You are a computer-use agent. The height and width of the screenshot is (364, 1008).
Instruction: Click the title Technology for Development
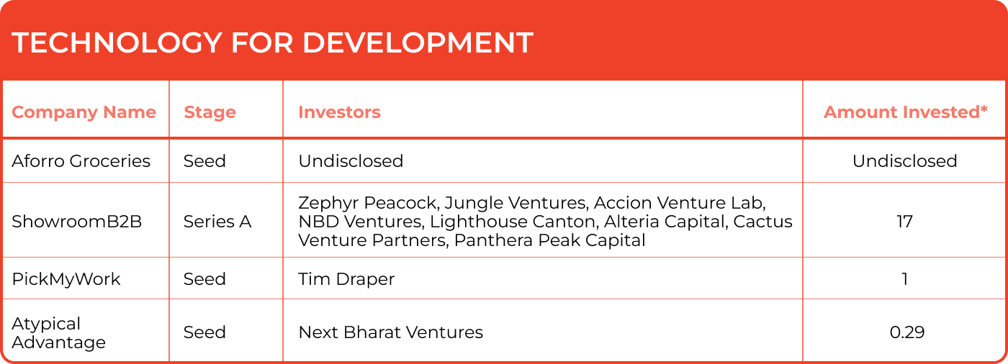pyautogui.click(x=272, y=43)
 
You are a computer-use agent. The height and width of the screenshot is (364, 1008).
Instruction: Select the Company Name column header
pyautogui.click(x=84, y=112)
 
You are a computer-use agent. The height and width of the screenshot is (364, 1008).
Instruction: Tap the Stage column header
pyautogui.click(x=210, y=112)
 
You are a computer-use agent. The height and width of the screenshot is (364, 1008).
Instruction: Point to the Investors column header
pyautogui.click(x=339, y=112)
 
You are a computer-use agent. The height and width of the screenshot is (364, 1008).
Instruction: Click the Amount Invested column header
pyautogui.click(x=906, y=112)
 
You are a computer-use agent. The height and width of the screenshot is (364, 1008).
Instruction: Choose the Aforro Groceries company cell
pyautogui.click(x=81, y=161)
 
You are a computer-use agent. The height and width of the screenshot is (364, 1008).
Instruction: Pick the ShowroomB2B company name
pyautogui.click(x=77, y=222)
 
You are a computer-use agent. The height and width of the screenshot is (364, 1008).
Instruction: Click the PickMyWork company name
pyautogui.click(x=66, y=279)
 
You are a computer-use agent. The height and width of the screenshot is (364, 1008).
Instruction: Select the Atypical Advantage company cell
pyautogui.click(x=58, y=333)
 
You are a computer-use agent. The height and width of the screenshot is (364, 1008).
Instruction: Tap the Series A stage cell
pyautogui.click(x=217, y=222)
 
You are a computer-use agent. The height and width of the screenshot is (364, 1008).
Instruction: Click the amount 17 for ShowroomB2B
pyautogui.click(x=904, y=222)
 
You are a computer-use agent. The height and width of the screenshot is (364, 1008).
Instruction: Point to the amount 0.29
pyautogui.click(x=907, y=332)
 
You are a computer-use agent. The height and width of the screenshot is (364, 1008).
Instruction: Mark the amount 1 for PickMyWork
pyautogui.click(x=905, y=279)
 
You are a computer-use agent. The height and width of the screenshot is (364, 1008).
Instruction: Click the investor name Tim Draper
pyautogui.click(x=346, y=279)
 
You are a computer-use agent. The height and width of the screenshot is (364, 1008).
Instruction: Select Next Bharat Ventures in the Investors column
pyautogui.click(x=390, y=332)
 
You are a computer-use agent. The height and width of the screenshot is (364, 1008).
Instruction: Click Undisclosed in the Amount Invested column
pyautogui.click(x=905, y=161)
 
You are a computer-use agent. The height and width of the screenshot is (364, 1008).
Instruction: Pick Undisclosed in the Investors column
pyautogui.click(x=351, y=161)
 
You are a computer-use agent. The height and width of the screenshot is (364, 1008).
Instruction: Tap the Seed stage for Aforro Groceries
pyautogui.click(x=204, y=161)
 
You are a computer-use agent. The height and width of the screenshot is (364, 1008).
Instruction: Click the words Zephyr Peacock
pyautogui.click(x=369, y=203)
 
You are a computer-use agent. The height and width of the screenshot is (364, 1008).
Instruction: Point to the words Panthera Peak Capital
pyautogui.click(x=550, y=240)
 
